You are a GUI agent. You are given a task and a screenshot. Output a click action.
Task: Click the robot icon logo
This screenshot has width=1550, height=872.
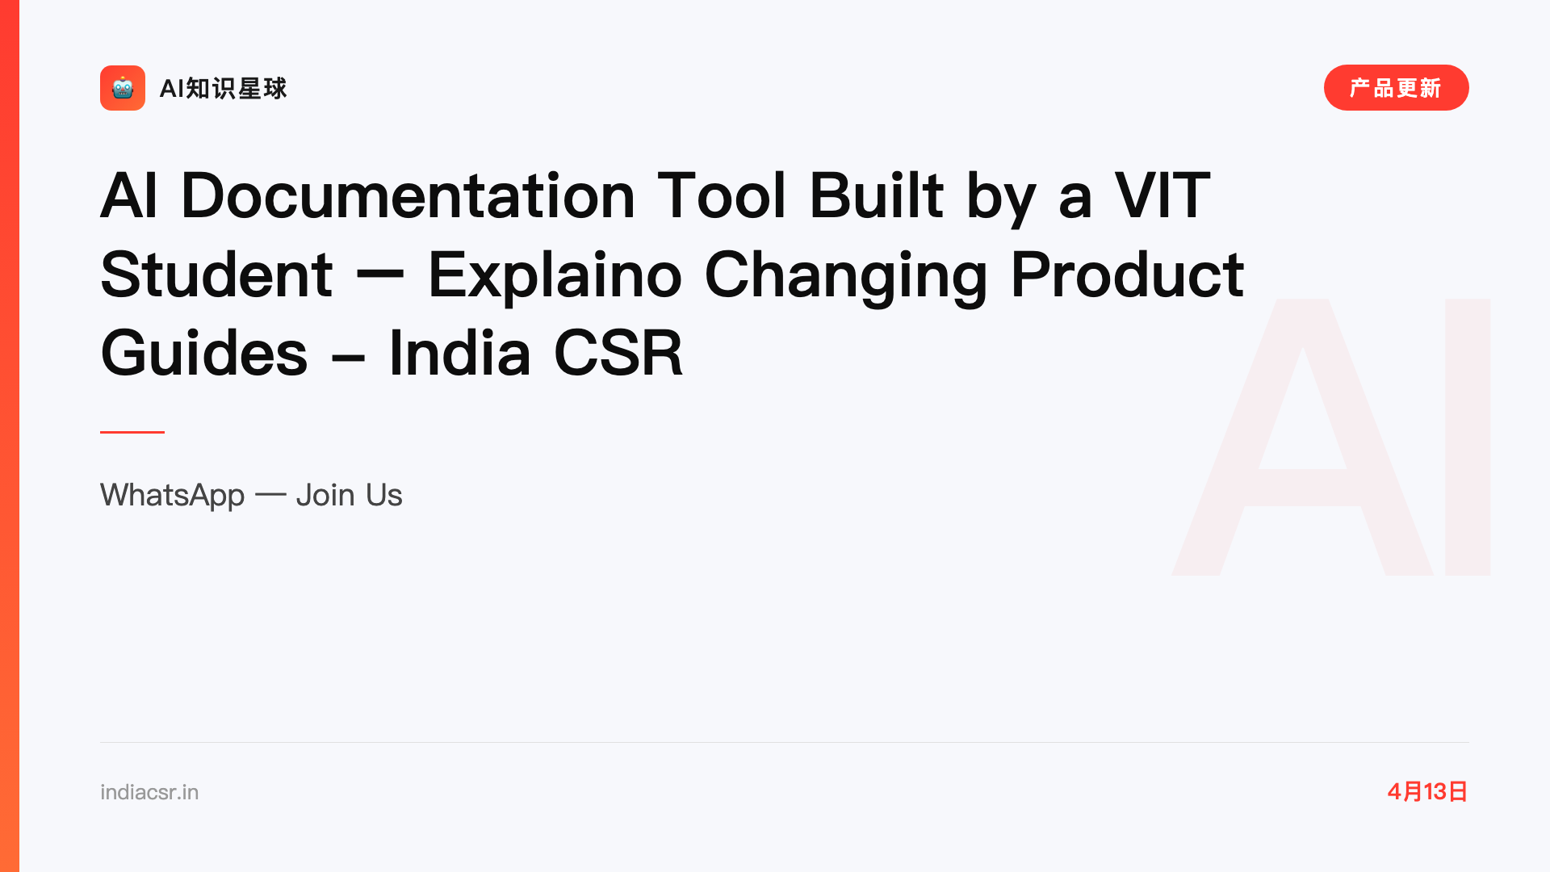[x=123, y=88]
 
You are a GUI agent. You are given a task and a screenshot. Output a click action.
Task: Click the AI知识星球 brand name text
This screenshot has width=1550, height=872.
[x=223, y=88]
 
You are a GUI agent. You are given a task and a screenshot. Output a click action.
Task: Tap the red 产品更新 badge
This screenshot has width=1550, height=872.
[x=1396, y=88]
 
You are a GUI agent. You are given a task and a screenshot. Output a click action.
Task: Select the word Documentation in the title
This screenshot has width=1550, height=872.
[x=408, y=195]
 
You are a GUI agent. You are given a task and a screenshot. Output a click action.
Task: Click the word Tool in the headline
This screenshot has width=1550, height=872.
[x=722, y=195]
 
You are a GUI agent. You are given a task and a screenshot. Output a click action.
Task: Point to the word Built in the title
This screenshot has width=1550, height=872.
[x=877, y=195]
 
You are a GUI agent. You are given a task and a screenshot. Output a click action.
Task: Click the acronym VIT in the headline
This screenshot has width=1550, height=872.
[x=1162, y=195]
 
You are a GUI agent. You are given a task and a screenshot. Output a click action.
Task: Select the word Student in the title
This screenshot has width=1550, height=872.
[x=216, y=275]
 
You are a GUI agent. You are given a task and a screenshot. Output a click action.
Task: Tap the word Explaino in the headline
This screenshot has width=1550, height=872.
[x=555, y=277]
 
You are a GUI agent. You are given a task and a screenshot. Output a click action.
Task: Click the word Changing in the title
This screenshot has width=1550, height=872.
[x=846, y=277]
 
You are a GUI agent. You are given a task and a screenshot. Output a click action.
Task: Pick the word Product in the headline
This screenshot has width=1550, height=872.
[x=1127, y=275]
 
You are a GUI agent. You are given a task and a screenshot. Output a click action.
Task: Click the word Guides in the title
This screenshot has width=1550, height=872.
[x=204, y=354]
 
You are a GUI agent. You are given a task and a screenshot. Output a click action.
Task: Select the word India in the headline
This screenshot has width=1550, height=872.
[x=459, y=353]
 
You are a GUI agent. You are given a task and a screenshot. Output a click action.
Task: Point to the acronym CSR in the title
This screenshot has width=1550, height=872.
[x=618, y=353]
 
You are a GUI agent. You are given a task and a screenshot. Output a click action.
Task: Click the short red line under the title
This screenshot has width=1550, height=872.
[x=132, y=432]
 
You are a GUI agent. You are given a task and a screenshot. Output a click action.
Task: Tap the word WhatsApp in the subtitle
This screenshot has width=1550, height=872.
[x=172, y=495]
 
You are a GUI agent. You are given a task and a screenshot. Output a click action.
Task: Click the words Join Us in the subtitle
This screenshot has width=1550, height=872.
[x=349, y=495]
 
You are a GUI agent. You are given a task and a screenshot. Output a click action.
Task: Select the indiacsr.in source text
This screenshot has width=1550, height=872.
[x=149, y=792]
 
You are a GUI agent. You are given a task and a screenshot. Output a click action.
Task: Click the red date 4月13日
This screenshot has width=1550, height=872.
[x=1427, y=791]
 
